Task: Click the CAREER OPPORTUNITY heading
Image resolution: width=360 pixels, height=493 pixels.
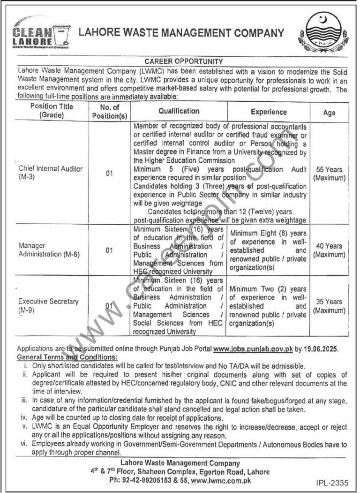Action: coord(183,61)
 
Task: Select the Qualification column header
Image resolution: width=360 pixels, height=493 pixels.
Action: coord(179,111)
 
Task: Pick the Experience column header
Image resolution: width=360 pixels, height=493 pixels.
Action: coord(269,112)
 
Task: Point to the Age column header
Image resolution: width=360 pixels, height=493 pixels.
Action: coord(329,113)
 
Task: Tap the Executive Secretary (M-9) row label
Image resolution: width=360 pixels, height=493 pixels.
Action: coord(48,306)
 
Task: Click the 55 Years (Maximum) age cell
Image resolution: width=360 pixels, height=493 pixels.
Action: coord(329,174)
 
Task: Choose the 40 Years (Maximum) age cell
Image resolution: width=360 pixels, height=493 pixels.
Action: coord(329,250)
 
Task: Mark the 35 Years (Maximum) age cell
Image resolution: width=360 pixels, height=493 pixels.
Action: coord(329,306)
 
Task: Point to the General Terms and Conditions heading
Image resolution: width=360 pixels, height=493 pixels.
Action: coord(67,357)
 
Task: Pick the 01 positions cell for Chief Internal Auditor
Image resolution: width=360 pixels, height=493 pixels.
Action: coord(110,174)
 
